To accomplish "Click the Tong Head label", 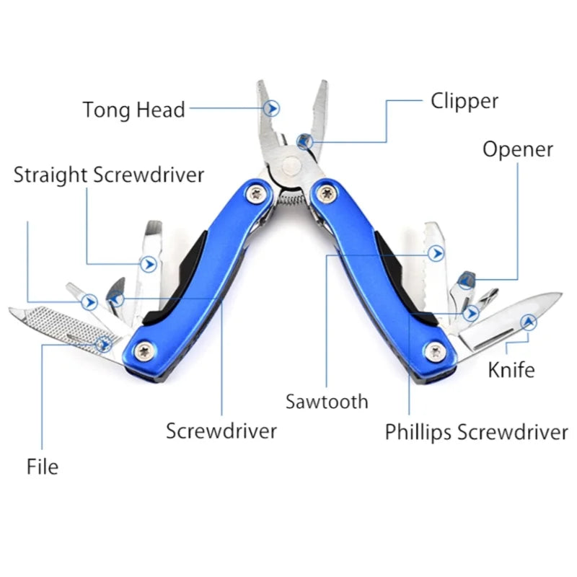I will (x=133, y=110).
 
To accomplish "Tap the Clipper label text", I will (x=464, y=101).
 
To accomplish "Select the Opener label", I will (x=517, y=149).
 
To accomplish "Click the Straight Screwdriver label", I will (x=109, y=175).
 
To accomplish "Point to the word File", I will (x=43, y=467).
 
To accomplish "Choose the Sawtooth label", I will (x=327, y=401).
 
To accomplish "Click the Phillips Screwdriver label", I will (x=476, y=432).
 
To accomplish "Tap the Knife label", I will (x=511, y=370).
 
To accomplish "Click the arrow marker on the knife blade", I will (x=529, y=322).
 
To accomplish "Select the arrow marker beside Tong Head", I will (x=272, y=109).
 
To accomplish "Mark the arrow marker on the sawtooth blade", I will (x=435, y=252).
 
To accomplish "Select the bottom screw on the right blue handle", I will (x=434, y=351).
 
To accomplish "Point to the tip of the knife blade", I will (x=560, y=294).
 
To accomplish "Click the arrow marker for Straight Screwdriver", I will (x=149, y=264).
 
